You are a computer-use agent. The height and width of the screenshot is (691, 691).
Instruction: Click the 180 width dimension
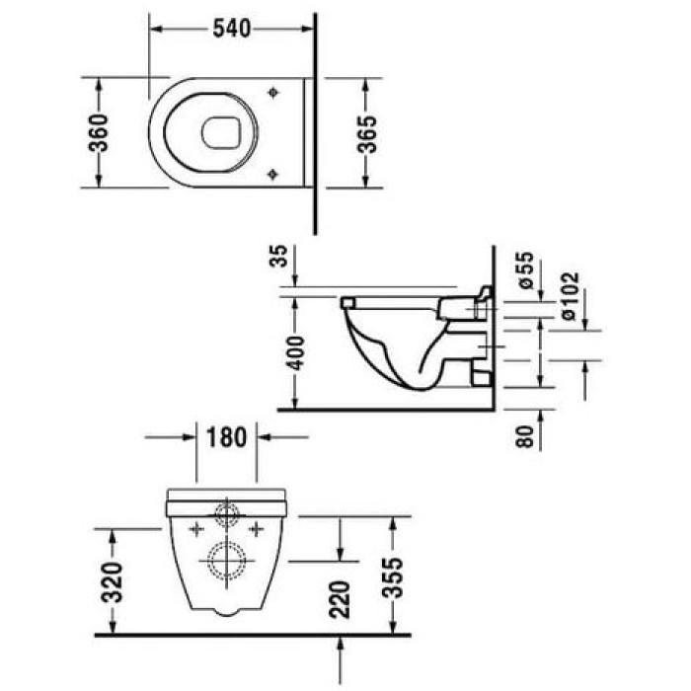pyautogui.click(x=226, y=435)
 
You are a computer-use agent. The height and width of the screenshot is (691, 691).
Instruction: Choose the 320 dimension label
pyautogui.click(x=115, y=581)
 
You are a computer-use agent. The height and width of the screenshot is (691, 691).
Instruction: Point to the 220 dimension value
pyautogui.click(x=341, y=596)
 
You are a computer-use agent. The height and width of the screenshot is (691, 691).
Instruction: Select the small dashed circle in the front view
pyautogui.click(x=226, y=514)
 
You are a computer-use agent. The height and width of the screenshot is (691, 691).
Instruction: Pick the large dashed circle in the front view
pyautogui.click(x=226, y=560)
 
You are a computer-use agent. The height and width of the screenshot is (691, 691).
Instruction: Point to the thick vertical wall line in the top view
pyautogui.click(x=315, y=118)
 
